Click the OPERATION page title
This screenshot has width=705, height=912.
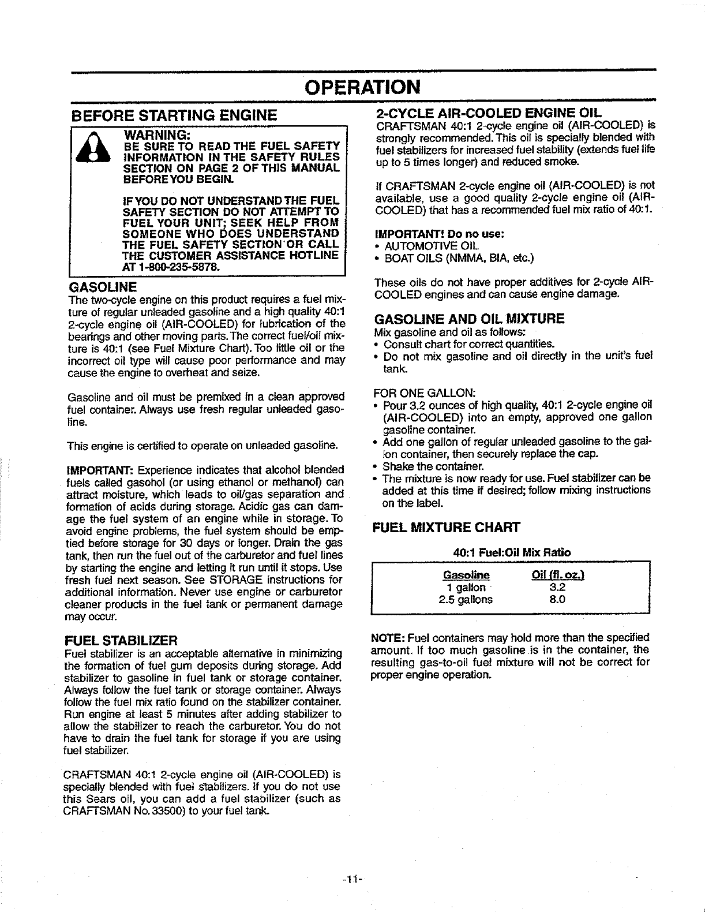point(363,88)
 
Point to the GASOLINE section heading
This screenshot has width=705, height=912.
point(103,287)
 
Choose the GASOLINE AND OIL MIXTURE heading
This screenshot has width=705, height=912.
point(469,319)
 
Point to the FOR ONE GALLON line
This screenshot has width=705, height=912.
point(424,393)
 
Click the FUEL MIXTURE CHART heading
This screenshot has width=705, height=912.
point(447,527)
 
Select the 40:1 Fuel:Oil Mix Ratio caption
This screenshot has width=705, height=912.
point(512,552)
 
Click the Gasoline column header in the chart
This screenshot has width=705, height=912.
point(466,575)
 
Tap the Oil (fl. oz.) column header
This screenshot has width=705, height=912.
point(557,575)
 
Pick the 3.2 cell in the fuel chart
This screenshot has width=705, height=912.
point(557,587)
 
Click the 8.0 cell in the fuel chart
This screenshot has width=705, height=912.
point(557,599)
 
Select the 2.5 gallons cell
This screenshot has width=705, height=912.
point(466,599)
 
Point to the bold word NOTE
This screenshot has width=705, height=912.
point(389,638)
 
